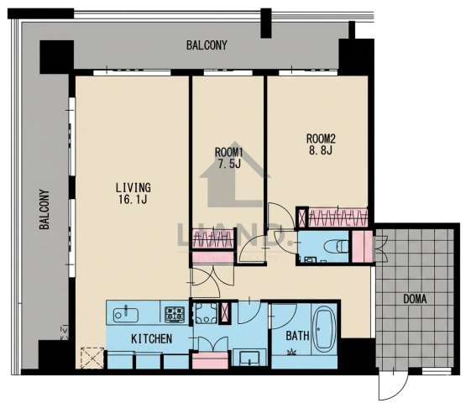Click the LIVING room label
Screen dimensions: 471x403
click(133, 188)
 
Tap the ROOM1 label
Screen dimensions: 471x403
click(228, 152)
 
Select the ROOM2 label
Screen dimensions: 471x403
click(321, 139)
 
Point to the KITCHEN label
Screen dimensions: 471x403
click(152, 338)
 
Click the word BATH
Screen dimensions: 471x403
click(297, 336)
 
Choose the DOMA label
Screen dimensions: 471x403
click(415, 299)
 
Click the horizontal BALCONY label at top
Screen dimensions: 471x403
click(207, 45)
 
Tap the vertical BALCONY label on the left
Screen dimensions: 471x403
click(44, 209)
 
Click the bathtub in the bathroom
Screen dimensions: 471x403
click(324, 328)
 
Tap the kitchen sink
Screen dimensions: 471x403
click(126, 314)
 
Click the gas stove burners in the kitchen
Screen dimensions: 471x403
click(175, 314)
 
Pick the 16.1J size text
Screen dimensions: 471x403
click(132, 199)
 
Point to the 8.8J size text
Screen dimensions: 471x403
click(321, 149)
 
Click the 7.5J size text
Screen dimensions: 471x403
click(229, 164)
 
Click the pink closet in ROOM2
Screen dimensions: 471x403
click(338, 217)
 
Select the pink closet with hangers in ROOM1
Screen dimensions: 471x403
click(212, 238)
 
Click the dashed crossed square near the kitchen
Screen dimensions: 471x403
click(92, 358)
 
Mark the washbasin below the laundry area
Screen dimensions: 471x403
click(249, 358)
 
